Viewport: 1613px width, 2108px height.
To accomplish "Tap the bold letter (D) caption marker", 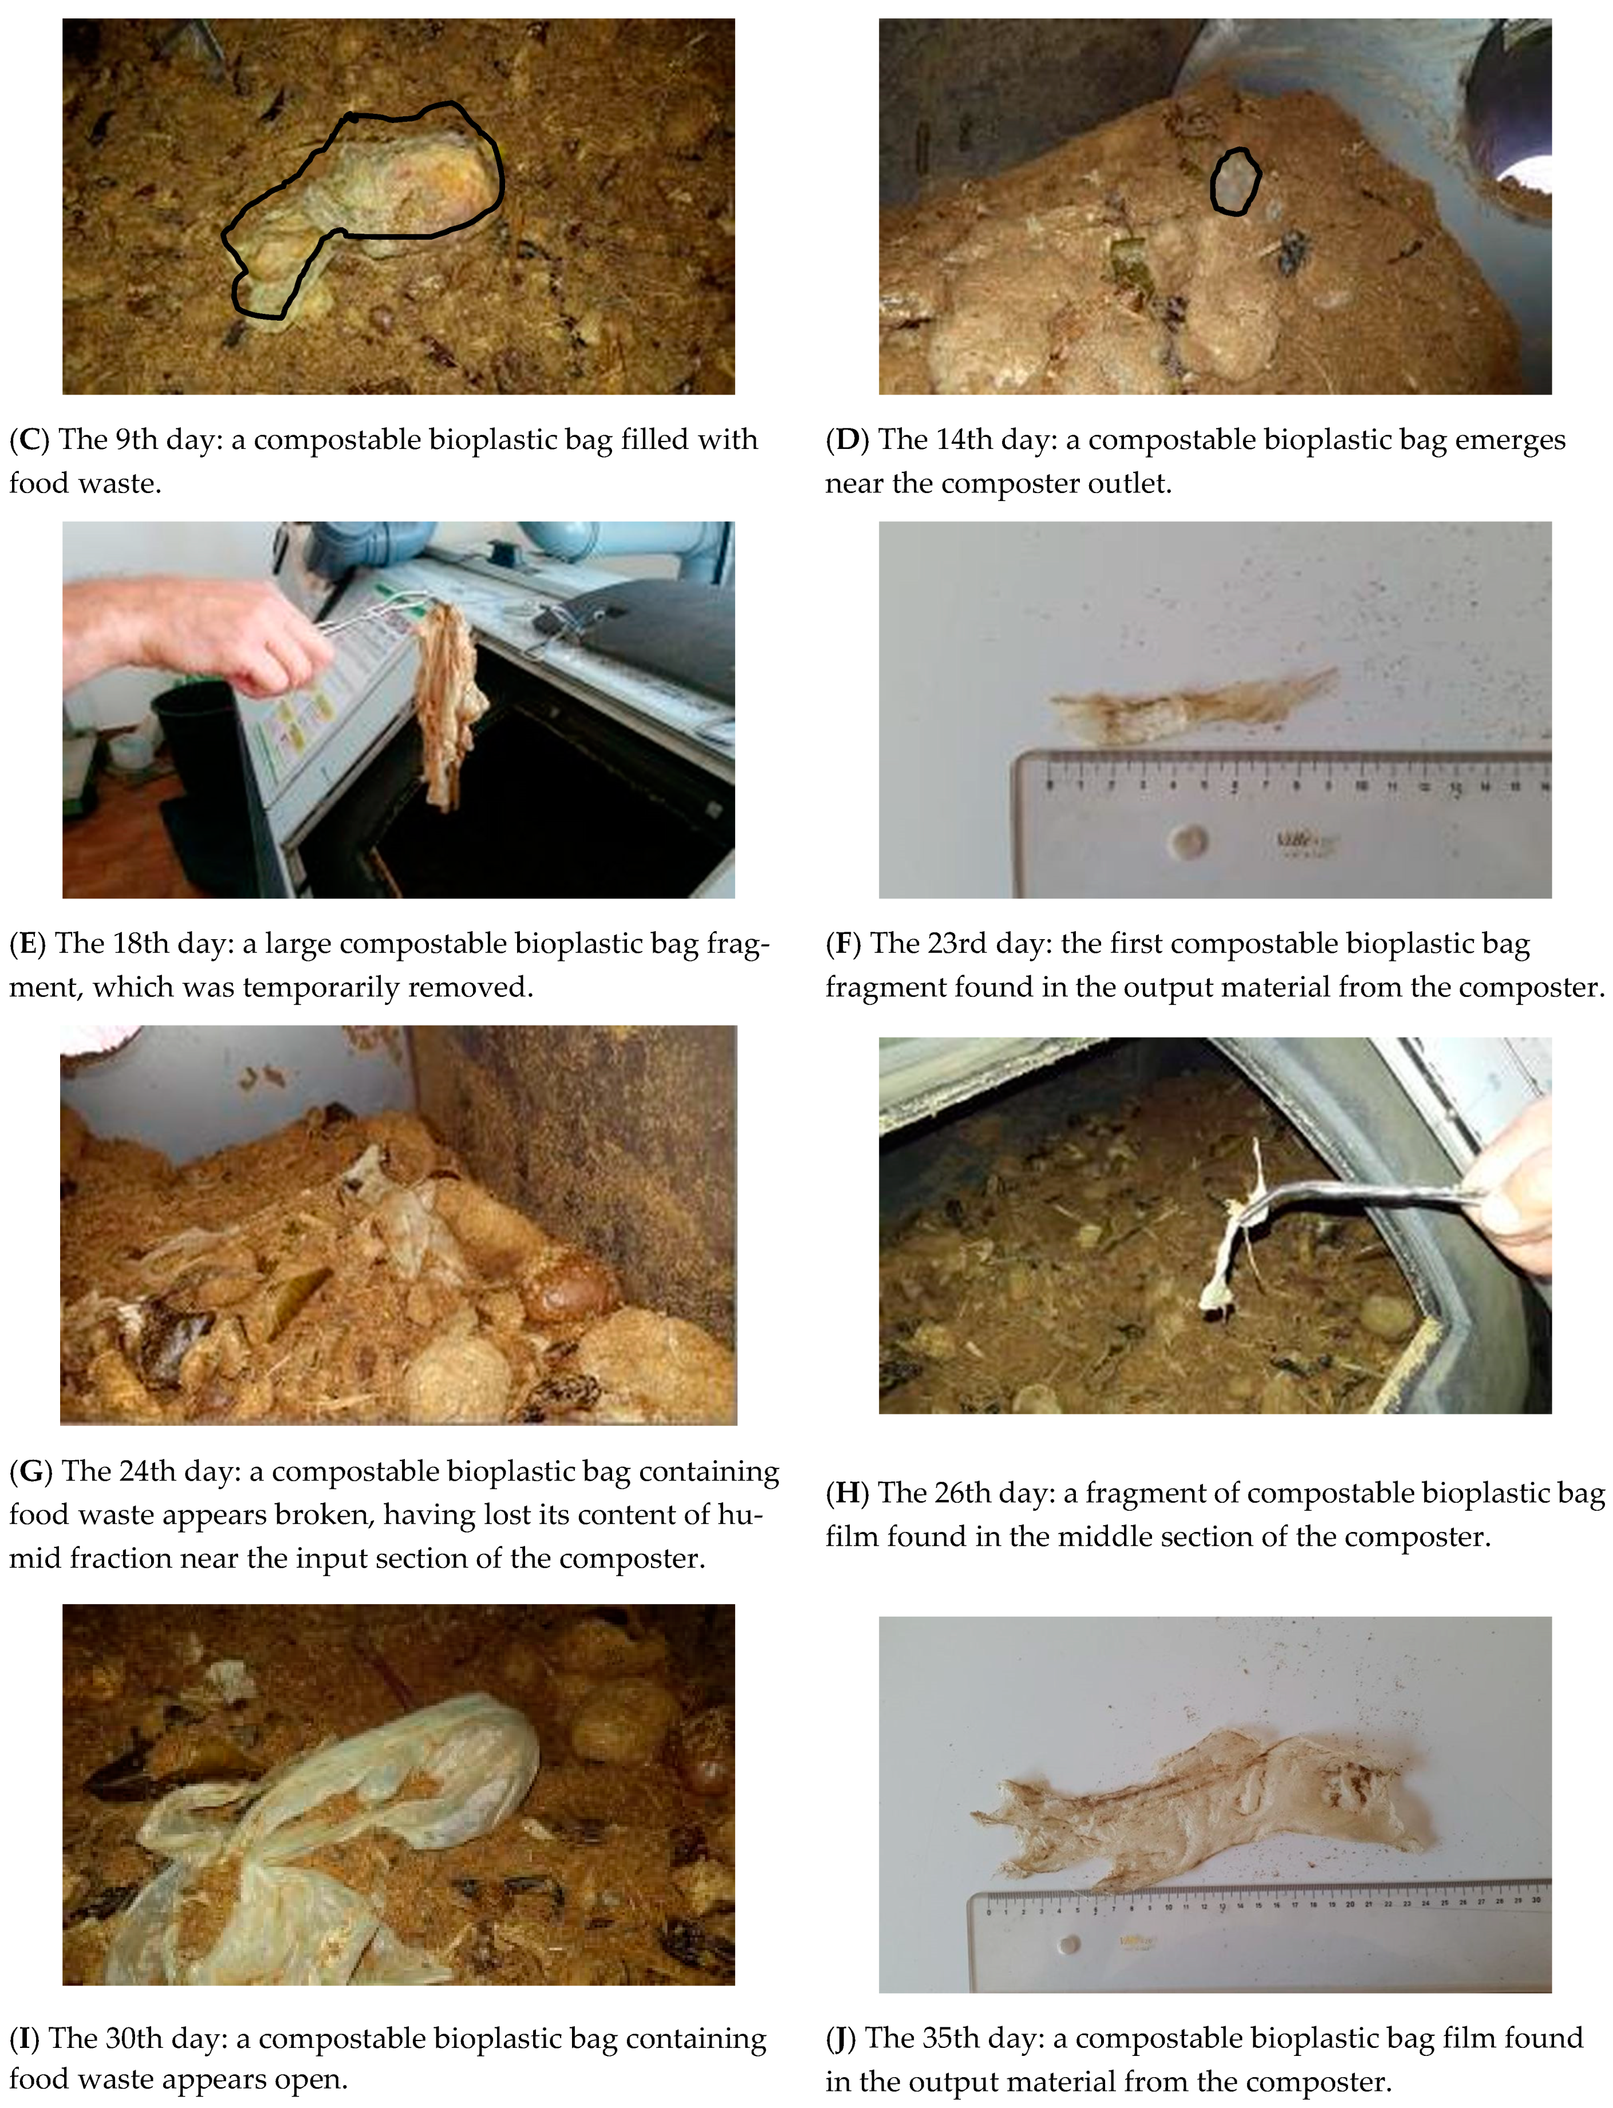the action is click(848, 440).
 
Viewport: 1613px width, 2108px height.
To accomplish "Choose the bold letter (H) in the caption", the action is click(848, 1494).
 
